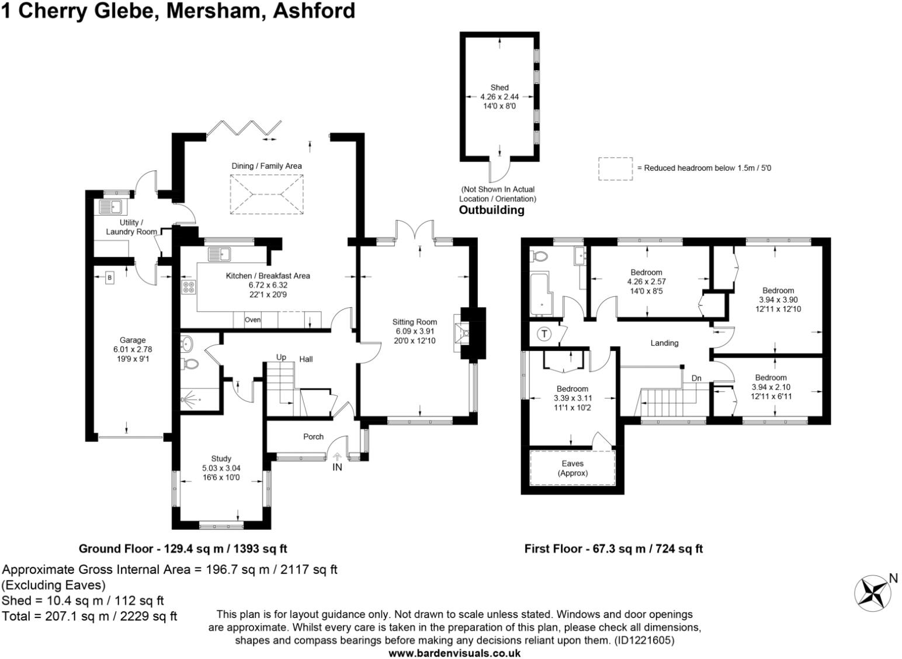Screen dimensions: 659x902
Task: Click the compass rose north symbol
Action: coord(873,593)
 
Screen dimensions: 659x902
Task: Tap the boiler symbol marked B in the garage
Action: coord(109,278)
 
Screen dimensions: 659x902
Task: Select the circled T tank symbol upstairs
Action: coord(544,334)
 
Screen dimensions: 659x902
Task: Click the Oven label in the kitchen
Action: coord(252,320)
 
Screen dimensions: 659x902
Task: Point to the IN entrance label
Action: coord(337,467)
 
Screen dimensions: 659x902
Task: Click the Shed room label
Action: coord(499,88)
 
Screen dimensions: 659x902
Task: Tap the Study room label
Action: coord(221,459)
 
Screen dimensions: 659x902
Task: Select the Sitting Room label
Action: coord(414,322)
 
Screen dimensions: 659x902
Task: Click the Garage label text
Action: coord(133,340)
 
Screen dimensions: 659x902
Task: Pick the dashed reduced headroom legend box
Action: coord(615,168)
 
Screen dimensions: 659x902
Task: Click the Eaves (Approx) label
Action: coord(573,468)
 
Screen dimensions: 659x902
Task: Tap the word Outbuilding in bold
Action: coord(491,210)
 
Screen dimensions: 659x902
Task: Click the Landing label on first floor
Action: coord(664,343)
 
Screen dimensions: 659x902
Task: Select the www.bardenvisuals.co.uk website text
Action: coord(455,653)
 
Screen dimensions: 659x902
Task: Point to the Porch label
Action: coord(313,436)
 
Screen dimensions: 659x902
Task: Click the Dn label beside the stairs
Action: coord(696,378)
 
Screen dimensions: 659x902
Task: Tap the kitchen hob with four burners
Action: coord(189,287)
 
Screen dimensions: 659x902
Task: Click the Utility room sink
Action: coord(110,207)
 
